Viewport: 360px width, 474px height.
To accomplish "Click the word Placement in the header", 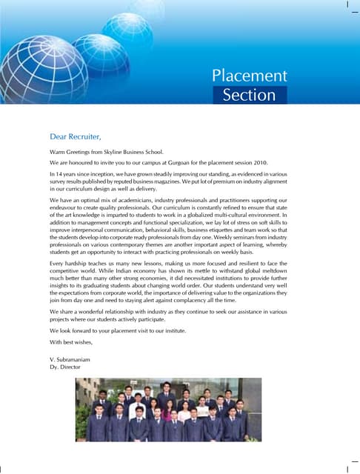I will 249,76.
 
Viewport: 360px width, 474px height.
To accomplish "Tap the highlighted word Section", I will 249,95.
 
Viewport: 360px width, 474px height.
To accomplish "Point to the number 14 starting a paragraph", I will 60,173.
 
